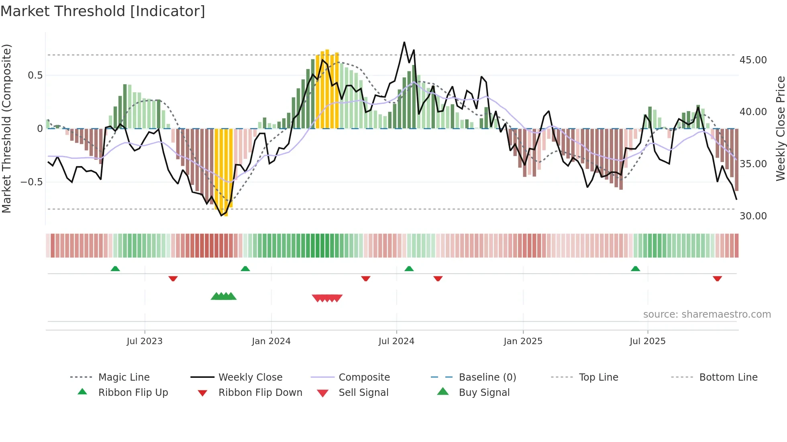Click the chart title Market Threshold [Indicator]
103,11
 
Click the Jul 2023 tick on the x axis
145,341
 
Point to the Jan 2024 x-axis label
271,341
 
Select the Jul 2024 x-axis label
396,341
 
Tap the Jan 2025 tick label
523,341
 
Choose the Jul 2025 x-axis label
647,341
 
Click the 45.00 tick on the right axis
753,60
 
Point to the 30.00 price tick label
753,216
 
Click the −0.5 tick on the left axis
31,182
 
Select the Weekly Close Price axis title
780,128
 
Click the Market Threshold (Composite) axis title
6,128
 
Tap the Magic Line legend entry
124,377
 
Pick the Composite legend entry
364,377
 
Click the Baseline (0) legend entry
487,377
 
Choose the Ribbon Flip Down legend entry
260,393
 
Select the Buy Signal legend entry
484,393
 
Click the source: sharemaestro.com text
707,314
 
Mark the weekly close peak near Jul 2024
404,42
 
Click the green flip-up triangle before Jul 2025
635,269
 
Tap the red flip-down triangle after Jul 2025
717,278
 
